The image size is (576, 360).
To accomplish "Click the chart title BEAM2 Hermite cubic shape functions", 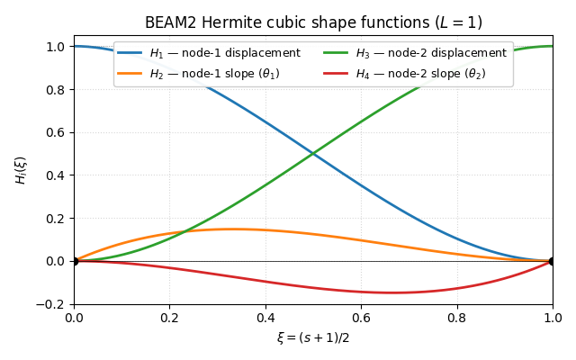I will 313,22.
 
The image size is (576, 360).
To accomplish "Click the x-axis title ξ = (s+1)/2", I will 313,337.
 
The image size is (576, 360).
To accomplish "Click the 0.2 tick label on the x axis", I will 169,319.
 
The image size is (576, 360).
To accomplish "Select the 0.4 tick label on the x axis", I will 265,319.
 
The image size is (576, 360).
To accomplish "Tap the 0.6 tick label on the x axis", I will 361,319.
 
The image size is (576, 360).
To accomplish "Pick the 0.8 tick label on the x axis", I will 456,319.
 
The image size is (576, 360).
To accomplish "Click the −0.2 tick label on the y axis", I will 52,304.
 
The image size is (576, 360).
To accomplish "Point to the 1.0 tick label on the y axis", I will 56,46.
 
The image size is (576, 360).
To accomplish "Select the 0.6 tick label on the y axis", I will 56,132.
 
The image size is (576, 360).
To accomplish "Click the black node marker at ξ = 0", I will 74,261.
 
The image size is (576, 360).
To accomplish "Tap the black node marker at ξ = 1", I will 553,261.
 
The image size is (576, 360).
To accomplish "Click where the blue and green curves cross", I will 313,154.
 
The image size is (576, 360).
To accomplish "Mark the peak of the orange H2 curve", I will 233,229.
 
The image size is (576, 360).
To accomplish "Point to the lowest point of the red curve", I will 393,292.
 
